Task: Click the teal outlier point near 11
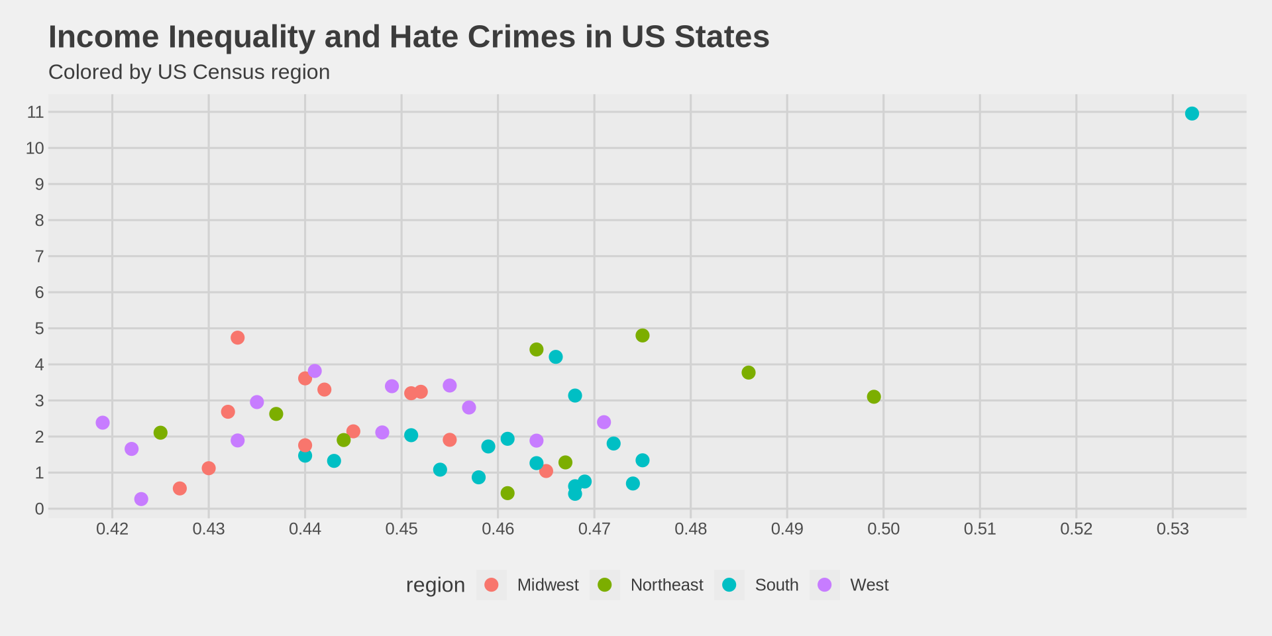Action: click(1192, 113)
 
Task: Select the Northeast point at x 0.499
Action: click(874, 397)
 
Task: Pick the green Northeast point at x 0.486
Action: click(749, 372)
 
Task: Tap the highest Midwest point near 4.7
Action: click(238, 338)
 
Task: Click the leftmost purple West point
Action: click(103, 423)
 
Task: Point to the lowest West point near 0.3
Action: click(141, 499)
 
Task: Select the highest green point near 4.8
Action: click(643, 336)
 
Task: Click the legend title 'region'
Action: click(435, 585)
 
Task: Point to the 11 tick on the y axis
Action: click(36, 112)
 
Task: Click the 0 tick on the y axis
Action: click(40, 509)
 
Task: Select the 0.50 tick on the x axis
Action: click(883, 529)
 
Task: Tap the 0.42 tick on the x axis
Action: click(112, 529)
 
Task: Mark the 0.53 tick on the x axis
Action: click(1173, 529)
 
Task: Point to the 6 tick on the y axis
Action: click(40, 292)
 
